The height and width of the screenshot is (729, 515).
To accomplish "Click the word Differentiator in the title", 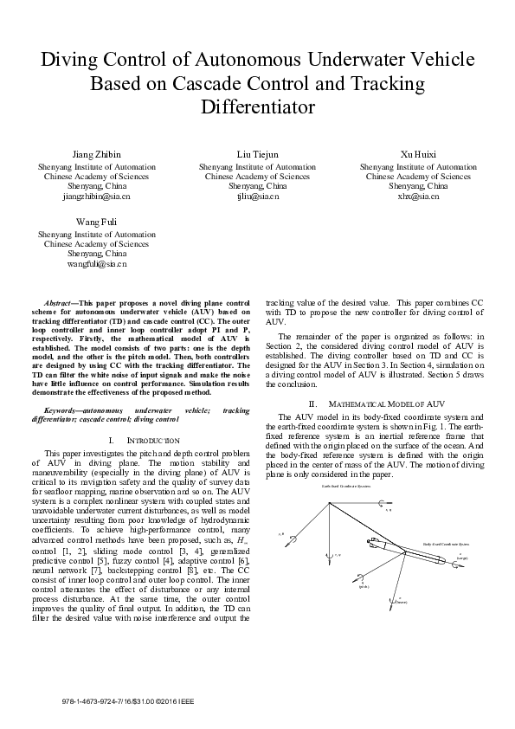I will coord(257,107).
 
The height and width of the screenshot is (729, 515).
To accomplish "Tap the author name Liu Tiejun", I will coord(257,154).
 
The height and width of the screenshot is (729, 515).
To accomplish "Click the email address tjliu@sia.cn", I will coord(257,197).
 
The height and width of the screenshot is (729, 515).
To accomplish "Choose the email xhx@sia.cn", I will coord(418,197).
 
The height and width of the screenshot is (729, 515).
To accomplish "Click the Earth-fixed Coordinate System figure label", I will coord(346,487).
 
